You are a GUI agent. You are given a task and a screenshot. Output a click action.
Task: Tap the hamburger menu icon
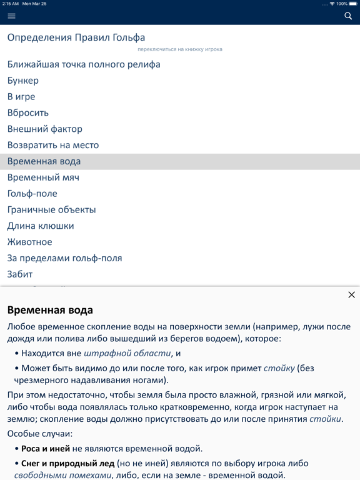click(11, 16)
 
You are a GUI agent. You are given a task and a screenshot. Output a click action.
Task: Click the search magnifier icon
click(348, 16)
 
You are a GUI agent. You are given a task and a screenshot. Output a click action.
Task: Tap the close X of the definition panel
click(351, 295)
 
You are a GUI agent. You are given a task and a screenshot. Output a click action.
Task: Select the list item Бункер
click(23, 81)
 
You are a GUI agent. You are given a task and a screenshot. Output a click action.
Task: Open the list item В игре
click(21, 97)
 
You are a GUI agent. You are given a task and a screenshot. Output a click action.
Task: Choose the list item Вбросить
click(28, 113)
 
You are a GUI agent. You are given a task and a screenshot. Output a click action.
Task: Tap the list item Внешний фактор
click(45, 129)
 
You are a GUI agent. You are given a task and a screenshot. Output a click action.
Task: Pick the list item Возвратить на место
click(53, 145)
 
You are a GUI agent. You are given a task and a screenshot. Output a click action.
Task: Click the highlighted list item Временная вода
click(44, 161)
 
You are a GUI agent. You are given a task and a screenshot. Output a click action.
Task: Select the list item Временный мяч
click(43, 177)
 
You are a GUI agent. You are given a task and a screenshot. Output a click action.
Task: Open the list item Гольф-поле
click(32, 194)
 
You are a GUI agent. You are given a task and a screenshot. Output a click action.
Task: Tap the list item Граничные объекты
click(51, 210)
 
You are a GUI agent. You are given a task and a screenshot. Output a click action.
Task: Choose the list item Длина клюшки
click(41, 226)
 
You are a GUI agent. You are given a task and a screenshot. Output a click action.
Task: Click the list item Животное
click(30, 242)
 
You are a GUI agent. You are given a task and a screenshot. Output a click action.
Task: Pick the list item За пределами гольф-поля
click(64, 258)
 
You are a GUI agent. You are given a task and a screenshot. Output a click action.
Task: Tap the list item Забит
click(20, 274)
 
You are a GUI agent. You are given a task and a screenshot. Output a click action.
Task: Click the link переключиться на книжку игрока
click(180, 49)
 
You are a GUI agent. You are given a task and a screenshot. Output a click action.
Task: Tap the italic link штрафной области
click(127, 353)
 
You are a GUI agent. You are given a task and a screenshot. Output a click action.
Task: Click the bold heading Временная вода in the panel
click(50, 310)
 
